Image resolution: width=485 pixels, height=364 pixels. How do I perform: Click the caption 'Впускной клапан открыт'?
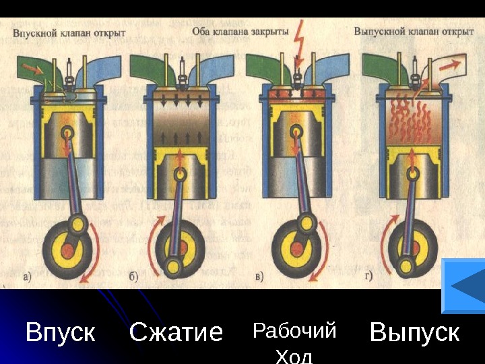point(65,32)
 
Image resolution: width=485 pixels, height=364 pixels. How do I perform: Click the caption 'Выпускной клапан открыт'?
point(414,32)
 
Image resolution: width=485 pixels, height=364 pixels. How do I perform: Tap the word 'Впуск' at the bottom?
point(60,332)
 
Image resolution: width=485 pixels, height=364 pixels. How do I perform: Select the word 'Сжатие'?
point(176,332)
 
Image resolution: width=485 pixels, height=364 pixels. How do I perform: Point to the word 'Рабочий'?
point(294,331)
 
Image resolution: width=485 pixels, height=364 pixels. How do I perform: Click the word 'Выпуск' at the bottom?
point(415,332)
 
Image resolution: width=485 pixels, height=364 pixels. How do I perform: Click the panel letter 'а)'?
point(26,275)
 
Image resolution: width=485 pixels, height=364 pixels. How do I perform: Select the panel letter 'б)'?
point(135,275)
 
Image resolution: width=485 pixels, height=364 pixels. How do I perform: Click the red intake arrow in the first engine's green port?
point(30,67)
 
